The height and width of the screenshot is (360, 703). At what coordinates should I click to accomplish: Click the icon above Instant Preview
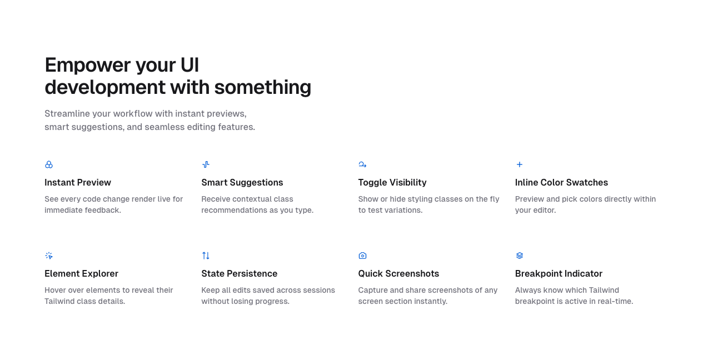[x=49, y=164]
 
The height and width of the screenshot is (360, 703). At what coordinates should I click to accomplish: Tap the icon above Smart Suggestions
[x=206, y=164]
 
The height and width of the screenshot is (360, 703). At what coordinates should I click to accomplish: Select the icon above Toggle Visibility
[x=362, y=164]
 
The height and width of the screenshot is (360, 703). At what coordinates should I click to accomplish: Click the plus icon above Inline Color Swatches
[x=520, y=164]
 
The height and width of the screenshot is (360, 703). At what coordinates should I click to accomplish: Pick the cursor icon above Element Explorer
[x=49, y=256]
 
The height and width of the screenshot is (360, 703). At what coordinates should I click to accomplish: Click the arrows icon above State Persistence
[x=206, y=256]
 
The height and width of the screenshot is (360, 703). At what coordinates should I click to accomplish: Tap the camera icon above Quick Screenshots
[x=362, y=256]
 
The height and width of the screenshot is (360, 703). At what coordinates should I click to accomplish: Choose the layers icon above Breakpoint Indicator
[x=520, y=256]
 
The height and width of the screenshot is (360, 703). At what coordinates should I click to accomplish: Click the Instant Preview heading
[x=78, y=182]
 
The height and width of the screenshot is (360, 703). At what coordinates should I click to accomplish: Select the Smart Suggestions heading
[x=242, y=182]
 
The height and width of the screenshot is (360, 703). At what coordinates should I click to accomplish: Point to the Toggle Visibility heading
[x=392, y=182]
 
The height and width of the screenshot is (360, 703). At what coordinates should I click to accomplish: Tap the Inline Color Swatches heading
[x=561, y=182]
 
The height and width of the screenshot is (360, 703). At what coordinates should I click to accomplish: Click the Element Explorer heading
[x=81, y=273]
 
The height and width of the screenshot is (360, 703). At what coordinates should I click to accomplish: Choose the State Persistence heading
[x=239, y=273]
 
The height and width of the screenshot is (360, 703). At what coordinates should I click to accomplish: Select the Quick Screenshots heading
[x=398, y=273]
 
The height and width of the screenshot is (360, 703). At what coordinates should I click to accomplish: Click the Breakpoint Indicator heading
[x=559, y=273]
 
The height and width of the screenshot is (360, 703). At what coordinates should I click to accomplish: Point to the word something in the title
[x=262, y=87]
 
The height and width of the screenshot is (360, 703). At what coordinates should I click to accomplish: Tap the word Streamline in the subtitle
[x=67, y=113]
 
